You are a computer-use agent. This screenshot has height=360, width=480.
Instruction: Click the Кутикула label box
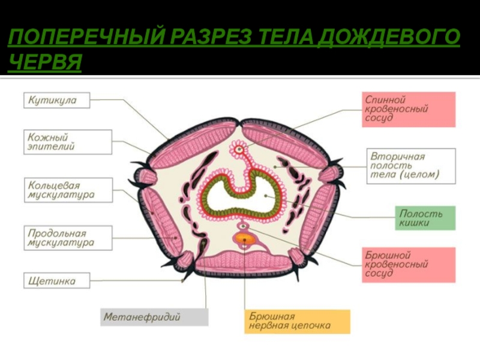pyautogui.click(x=57, y=100)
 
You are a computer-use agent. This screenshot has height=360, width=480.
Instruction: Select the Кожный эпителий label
pyautogui.click(x=68, y=143)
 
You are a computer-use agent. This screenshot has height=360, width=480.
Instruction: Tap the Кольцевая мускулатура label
pyautogui.click(x=68, y=189)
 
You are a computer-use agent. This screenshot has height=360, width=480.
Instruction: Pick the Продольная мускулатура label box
pyautogui.click(x=68, y=238)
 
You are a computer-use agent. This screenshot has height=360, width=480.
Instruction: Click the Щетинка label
pyautogui.click(x=57, y=280)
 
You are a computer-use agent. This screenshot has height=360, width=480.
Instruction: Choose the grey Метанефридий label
pyautogui.click(x=154, y=316)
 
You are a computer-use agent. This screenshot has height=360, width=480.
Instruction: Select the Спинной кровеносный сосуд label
pyautogui.click(x=409, y=109)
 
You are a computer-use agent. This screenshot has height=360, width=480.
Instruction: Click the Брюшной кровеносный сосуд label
pyautogui.click(x=409, y=263)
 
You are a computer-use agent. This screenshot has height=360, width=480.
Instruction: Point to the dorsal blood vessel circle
pyautogui.click(x=239, y=148)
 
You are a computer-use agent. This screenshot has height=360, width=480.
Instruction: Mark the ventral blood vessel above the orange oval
pyautogui.click(x=244, y=226)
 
